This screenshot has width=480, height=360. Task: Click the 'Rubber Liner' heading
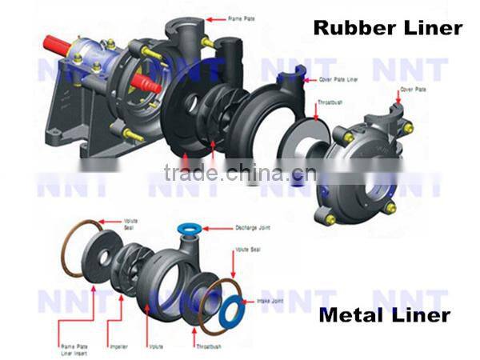387,28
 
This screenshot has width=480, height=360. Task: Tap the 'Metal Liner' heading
384,315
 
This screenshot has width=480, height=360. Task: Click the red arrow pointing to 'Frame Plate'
216,16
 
